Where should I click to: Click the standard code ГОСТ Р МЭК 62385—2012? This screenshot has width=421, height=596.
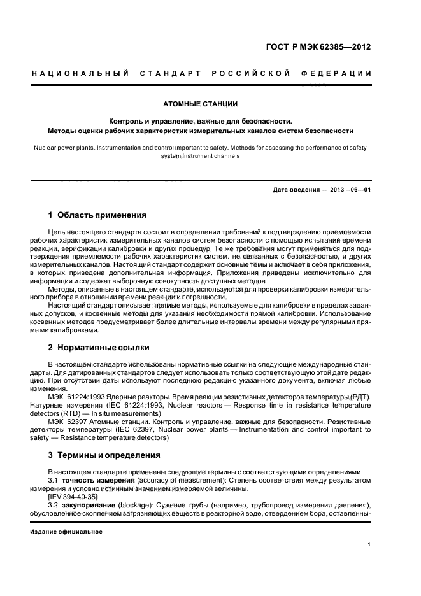click(x=317, y=46)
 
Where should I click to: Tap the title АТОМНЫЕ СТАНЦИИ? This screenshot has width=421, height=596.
click(x=210, y=103)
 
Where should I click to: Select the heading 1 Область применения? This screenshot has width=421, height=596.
click(x=97, y=215)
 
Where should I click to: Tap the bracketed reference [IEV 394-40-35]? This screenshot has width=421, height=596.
click(x=73, y=495)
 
